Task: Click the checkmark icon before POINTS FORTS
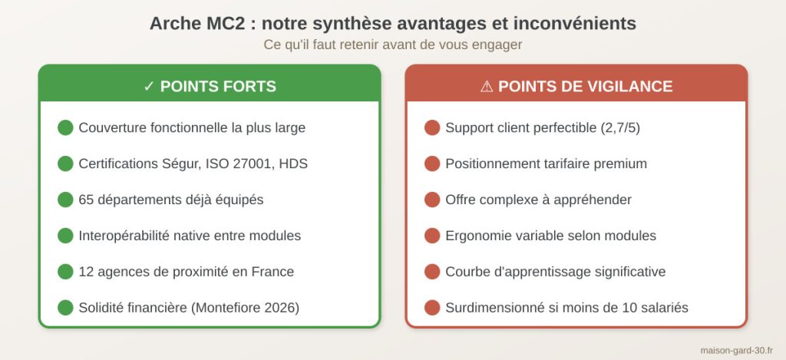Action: pos(149,87)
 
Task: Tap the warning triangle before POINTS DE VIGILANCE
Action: pos(486,87)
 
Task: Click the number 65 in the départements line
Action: pos(86,200)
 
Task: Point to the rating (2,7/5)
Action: pos(619,127)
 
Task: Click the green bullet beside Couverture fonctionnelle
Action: pos(65,127)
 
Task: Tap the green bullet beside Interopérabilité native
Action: pos(65,236)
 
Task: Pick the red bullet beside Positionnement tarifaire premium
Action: pos(432,163)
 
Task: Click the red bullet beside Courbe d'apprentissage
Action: pos(432,272)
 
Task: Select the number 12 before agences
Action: pos(85,272)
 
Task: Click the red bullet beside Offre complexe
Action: pos(432,200)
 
